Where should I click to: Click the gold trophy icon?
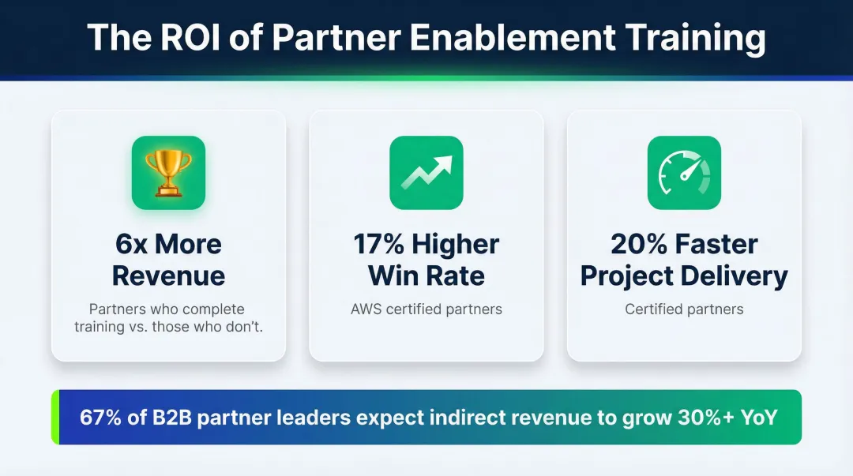tap(168, 172)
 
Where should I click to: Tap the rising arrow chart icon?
tap(426, 172)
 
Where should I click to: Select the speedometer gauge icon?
tap(684, 172)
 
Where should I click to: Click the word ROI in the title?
tap(181, 37)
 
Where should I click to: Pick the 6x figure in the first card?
tap(133, 244)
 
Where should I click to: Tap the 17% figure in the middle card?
tap(382, 244)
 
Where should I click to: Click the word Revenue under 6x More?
tap(168, 276)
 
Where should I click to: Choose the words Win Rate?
tap(426, 276)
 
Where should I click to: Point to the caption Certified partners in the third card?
tap(684, 309)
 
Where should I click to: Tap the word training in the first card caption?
tap(98, 326)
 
